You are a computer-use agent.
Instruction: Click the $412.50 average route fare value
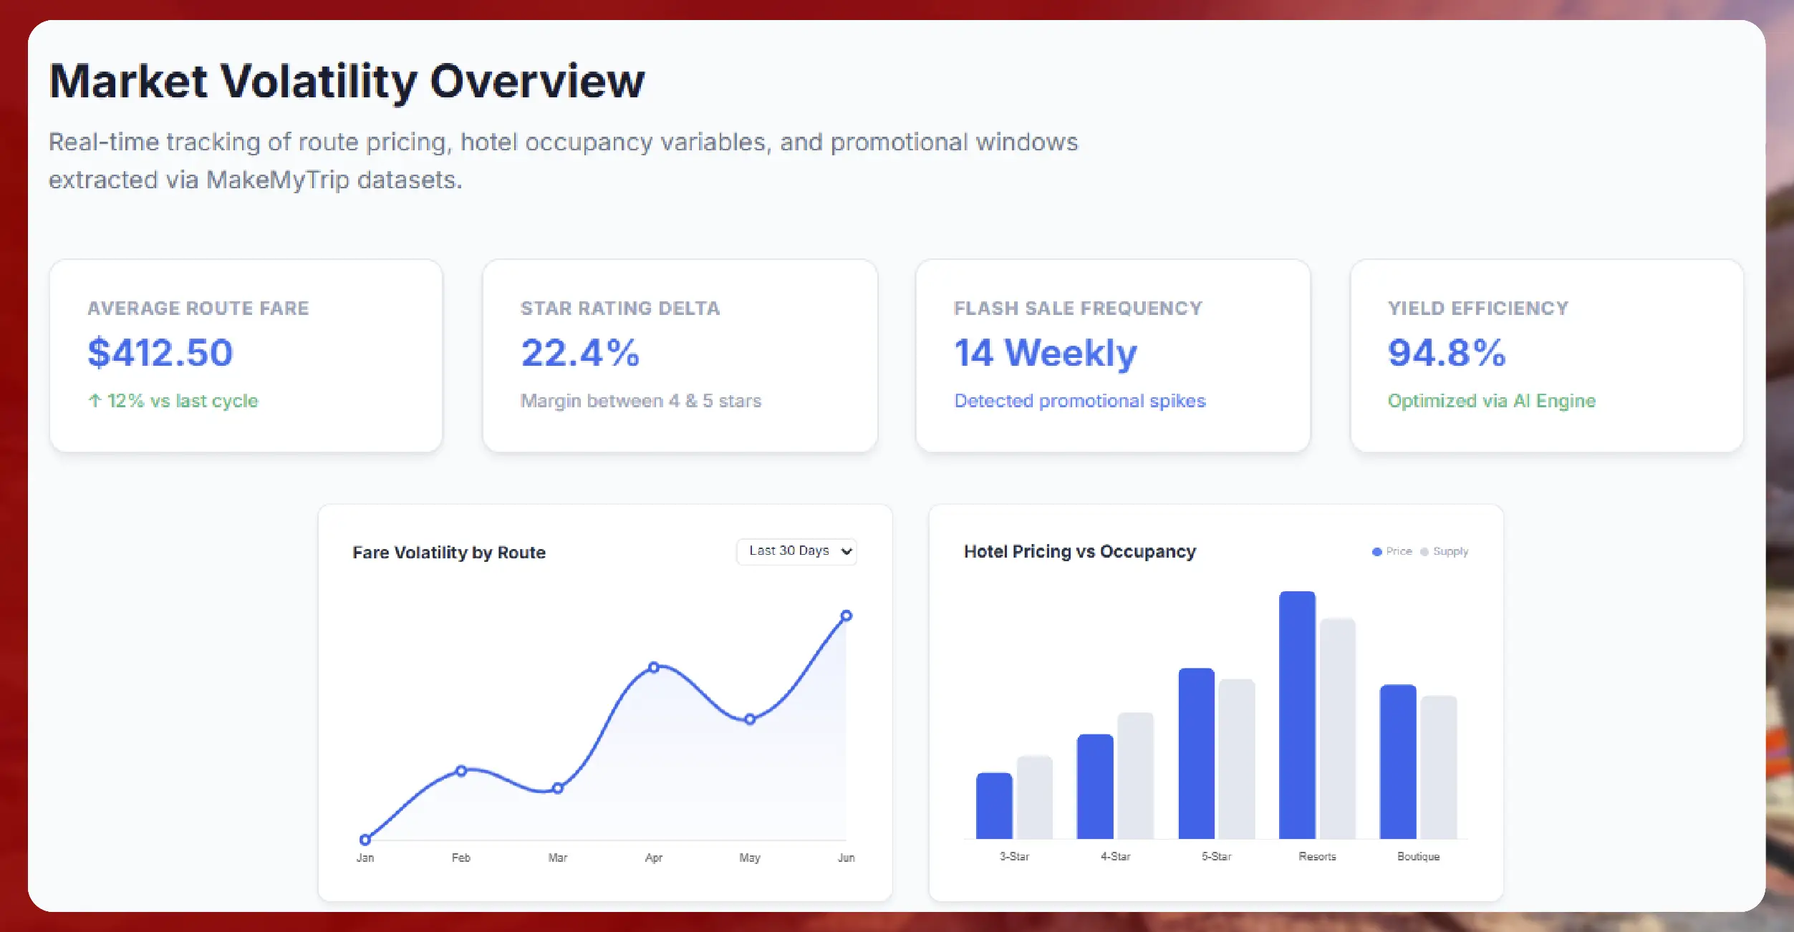click(160, 353)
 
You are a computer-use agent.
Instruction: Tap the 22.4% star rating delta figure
click(580, 353)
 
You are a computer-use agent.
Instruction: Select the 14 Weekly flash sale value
click(1045, 353)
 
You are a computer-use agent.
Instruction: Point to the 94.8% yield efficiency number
click(1447, 353)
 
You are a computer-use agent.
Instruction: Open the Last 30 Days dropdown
click(796, 551)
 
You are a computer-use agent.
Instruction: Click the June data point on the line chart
click(846, 616)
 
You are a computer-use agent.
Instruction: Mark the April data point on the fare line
click(653, 667)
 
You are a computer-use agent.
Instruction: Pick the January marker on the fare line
click(365, 839)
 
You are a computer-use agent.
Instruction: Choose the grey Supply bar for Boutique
click(1438, 767)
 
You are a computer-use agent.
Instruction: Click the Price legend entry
click(1392, 551)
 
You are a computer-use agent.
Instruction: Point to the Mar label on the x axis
click(557, 858)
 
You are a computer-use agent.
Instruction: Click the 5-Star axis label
click(1216, 856)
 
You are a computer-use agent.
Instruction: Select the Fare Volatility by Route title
click(448, 553)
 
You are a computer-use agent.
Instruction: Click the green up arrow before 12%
click(95, 401)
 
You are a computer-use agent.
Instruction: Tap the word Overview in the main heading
click(537, 81)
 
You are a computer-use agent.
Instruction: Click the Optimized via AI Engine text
click(1491, 401)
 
